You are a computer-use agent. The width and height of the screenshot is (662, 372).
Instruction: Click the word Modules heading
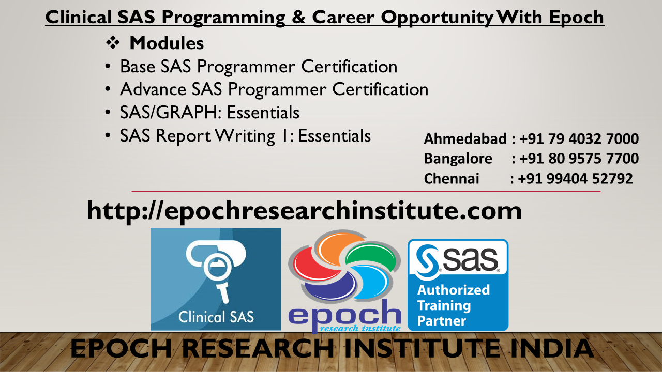(167, 43)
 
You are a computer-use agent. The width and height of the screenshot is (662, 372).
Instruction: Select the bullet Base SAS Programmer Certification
(259, 67)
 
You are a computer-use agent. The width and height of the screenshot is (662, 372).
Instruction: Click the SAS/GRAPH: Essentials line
(209, 112)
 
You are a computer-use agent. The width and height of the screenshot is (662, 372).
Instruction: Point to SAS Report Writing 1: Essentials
(245, 136)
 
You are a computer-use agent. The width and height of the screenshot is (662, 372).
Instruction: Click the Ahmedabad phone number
(579, 139)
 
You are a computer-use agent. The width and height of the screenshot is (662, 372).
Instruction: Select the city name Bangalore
(458, 159)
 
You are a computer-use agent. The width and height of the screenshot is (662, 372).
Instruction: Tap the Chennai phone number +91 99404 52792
(575, 179)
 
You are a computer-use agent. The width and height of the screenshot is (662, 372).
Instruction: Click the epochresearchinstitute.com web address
(304, 211)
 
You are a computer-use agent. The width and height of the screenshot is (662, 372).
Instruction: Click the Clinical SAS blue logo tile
(216, 279)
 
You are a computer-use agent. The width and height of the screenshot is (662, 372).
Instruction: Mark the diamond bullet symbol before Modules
(112, 44)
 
